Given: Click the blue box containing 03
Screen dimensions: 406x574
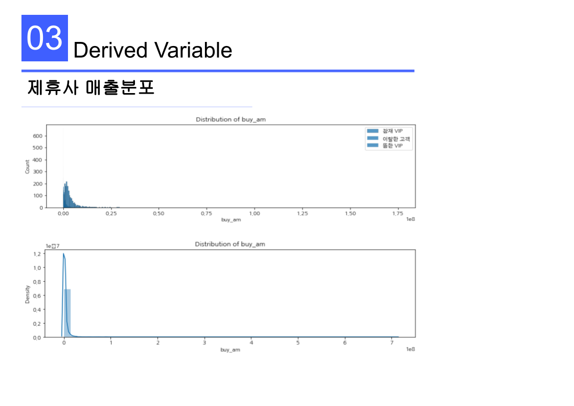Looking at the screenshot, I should pos(44,38).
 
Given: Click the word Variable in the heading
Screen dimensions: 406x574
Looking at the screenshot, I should pos(193,50).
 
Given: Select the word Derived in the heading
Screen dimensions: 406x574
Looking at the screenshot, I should pos(110,50).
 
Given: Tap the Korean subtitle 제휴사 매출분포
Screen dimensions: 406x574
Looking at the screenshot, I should pos(91,87).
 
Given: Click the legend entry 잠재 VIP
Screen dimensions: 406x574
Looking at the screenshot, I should pos(392,131).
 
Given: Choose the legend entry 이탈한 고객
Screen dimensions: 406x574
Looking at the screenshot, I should pos(396,139).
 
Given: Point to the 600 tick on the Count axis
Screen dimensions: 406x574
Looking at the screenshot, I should pos(37,136).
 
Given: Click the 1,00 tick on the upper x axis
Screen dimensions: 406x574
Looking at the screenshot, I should pos(254,213).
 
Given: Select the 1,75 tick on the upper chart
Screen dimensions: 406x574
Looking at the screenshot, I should pos(398,213).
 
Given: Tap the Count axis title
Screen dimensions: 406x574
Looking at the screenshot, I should pos(27,167).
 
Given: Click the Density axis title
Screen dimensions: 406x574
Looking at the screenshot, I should pos(27,295).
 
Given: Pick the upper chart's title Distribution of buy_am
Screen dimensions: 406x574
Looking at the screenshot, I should pos(231,119).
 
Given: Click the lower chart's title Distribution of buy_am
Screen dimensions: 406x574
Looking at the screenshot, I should pos(230,244).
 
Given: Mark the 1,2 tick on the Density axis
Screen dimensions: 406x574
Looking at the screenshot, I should pos(37,254).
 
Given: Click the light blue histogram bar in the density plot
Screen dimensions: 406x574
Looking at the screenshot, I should pos(67,313).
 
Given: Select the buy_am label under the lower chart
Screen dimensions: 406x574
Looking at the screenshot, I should pos(230,350).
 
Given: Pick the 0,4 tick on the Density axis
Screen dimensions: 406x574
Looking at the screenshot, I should pos(37,309).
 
